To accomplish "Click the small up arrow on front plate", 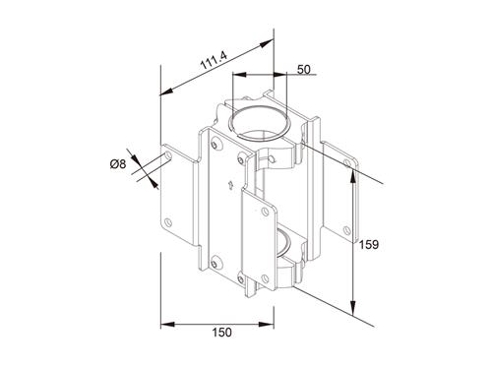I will click(229, 185).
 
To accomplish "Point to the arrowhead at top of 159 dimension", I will click(352, 166).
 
